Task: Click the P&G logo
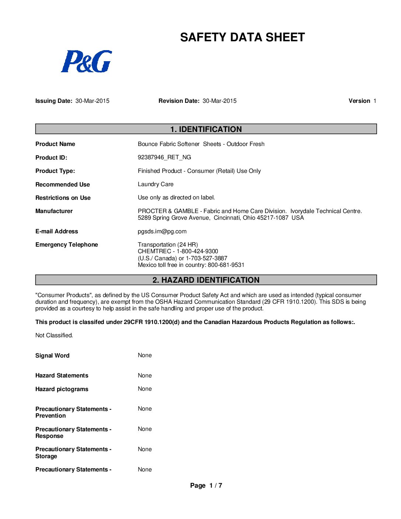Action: coord(86,61)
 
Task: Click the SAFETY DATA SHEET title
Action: coord(242,37)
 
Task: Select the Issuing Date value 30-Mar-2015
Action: coord(92,101)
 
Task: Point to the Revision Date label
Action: coord(179,101)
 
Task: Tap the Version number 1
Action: coord(374,101)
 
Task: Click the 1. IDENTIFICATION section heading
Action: coord(206,129)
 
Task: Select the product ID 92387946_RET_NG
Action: coord(164,157)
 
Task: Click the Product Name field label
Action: coord(55,144)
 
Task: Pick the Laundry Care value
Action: coord(156,184)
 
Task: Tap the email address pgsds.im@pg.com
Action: coord(162,231)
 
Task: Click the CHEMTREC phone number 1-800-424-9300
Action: coord(197,251)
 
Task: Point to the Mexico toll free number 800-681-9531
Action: coord(226,265)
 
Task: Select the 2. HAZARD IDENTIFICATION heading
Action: coord(206,280)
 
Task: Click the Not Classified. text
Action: coord(54,335)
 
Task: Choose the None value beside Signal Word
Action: coord(144,355)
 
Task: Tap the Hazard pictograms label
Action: coord(62,389)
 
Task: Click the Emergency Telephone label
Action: coord(67,245)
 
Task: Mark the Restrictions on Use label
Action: coord(63,198)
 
